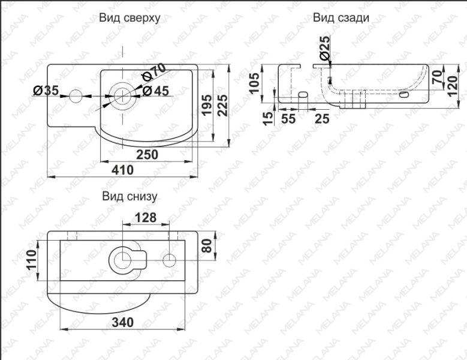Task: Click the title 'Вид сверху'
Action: pos(129,18)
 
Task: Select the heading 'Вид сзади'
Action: pos(341,18)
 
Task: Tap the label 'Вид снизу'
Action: pos(129,196)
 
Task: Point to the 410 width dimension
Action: pos(122,170)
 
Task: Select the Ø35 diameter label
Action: pos(46,91)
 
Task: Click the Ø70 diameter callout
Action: pos(153,73)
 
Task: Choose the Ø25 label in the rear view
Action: pos(324,48)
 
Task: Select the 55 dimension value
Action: pos(288,118)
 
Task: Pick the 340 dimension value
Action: pos(122,322)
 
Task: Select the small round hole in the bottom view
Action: pos(170,260)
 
